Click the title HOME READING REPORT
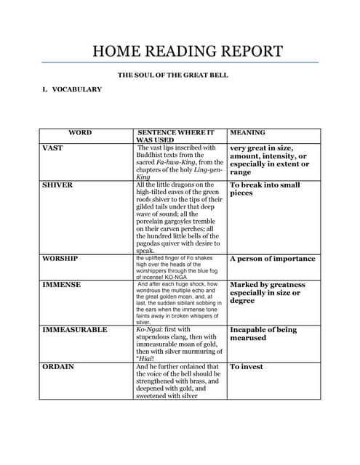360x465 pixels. [x=188, y=52]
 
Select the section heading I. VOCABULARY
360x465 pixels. [x=72, y=89]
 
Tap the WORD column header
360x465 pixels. [x=80, y=133]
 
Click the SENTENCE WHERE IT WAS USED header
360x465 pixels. [x=175, y=137]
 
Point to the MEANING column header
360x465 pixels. [x=247, y=133]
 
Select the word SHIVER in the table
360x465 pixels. [x=57, y=185]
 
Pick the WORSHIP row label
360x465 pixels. [x=60, y=259]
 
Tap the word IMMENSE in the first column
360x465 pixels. [x=61, y=285]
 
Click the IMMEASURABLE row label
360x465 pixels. [x=75, y=330]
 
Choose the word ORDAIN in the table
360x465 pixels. [x=58, y=367]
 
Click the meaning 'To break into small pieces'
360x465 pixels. [x=265, y=189]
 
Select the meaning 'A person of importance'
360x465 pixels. [x=272, y=259]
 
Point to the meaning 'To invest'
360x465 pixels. [x=247, y=367]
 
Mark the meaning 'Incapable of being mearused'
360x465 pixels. [x=263, y=333]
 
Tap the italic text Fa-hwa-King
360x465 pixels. [x=175, y=163]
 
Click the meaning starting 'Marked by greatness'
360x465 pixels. [x=267, y=293]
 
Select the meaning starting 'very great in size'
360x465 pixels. [x=269, y=160]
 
